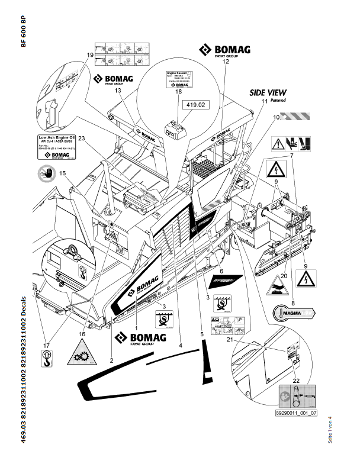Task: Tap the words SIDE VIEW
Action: [266, 92]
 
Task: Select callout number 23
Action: [82, 139]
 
